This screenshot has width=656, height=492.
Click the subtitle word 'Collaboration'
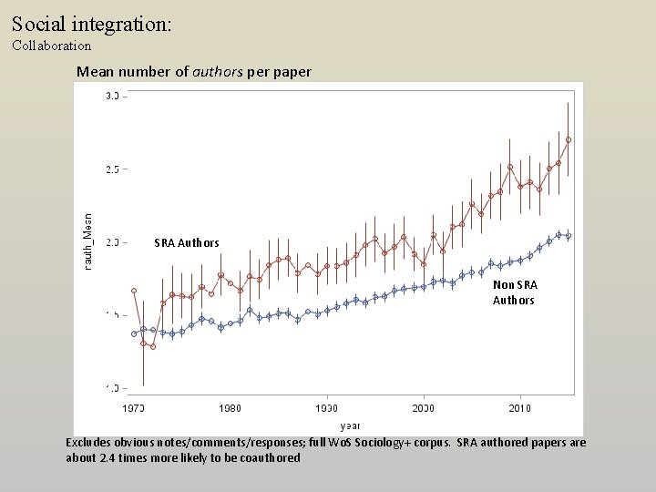(x=52, y=45)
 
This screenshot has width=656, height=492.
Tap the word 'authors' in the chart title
(x=218, y=71)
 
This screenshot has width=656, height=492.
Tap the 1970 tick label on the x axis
(x=134, y=408)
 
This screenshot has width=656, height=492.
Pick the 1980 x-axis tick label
(x=230, y=408)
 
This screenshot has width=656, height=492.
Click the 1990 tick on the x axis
(x=326, y=408)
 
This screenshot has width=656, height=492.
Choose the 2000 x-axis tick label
(x=423, y=408)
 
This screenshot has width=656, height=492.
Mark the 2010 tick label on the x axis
(x=519, y=408)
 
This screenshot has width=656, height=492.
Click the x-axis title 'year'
(x=350, y=425)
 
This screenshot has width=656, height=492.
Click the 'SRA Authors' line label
(x=187, y=243)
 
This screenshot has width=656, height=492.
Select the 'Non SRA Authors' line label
(x=514, y=292)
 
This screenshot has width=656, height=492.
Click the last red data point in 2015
(x=568, y=139)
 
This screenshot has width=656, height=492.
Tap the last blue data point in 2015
(x=568, y=236)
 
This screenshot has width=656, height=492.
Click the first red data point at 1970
(x=134, y=291)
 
